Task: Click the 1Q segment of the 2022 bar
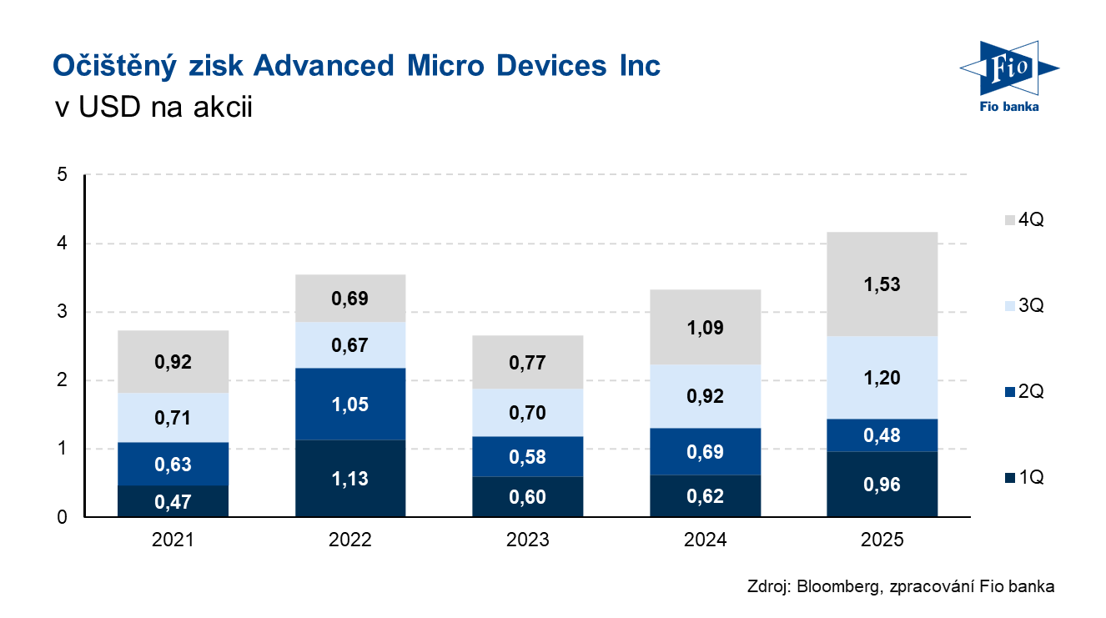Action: (x=350, y=479)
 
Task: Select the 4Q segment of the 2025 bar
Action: (x=882, y=284)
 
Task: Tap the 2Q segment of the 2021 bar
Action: (x=173, y=464)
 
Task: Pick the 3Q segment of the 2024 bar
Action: (x=705, y=396)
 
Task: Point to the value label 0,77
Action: (x=528, y=362)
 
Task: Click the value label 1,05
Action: (x=350, y=404)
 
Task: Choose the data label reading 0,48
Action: (x=882, y=435)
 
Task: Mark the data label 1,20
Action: (x=882, y=378)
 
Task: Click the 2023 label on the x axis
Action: (x=528, y=540)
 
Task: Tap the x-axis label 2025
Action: (x=882, y=540)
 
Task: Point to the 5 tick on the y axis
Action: (x=62, y=175)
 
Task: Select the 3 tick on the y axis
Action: (x=62, y=313)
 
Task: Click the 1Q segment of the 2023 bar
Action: (x=528, y=497)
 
